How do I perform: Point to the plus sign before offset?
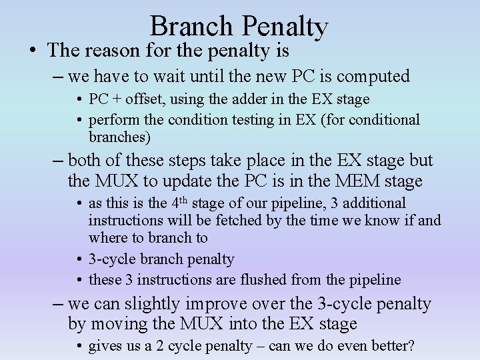[x=116, y=99]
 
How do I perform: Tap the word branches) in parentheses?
[x=120, y=137]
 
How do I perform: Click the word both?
[x=83, y=161]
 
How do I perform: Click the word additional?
[x=373, y=203]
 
